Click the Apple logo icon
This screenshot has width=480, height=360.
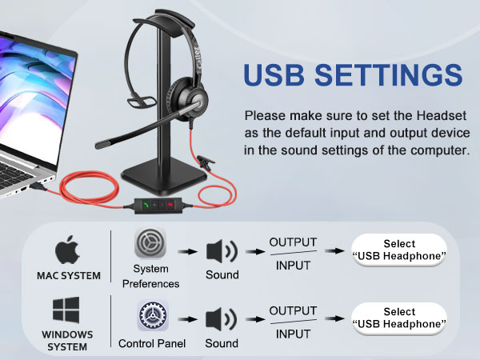click(x=68, y=250)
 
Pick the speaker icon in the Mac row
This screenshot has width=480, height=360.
click(x=222, y=250)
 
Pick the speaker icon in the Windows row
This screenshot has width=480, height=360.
click(x=222, y=318)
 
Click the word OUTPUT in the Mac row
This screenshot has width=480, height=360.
click(x=293, y=242)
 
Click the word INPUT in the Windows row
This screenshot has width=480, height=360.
click(x=293, y=334)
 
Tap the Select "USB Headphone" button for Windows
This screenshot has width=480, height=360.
click(x=399, y=318)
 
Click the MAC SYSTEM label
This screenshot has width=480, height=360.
click(x=69, y=277)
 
